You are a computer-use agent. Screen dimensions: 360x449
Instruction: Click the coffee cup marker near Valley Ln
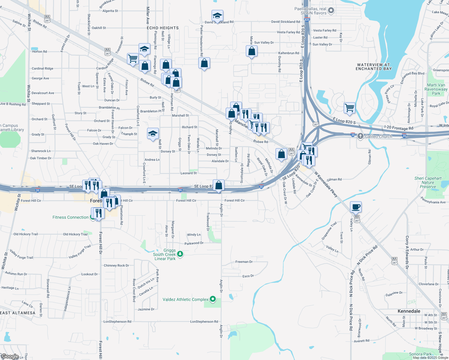pyautogui.click(x=356, y=207)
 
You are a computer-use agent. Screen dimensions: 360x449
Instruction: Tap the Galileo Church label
pyautogui.click(x=378, y=136)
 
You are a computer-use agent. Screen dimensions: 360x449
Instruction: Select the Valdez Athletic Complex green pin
pyautogui.click(x=213, y=299)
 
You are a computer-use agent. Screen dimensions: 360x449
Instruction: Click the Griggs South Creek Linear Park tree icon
pyautogui.click(x=180, y=254)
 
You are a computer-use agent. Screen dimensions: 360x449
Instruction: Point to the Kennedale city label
pyautogui.click(x=409, y=311)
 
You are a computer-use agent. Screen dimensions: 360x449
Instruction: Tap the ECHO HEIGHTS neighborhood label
pyautogui.click(x=163, y=28)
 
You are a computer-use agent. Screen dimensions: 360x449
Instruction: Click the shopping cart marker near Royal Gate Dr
pyautogui.click(x=349, y=108)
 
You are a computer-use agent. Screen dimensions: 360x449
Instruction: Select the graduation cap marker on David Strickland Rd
pyautogui.click(x=217, y=16)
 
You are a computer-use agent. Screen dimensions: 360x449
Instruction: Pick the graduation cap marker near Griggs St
pyautogui.click(x=153, y=133)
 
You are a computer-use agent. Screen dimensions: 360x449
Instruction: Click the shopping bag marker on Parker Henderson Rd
pyautogui.click(x=204, y=63)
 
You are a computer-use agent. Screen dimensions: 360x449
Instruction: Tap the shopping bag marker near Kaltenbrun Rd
pyautogui.click(x=252, y=52)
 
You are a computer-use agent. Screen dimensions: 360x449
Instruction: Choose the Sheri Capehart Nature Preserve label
pyautogui.click(x=428, y=182)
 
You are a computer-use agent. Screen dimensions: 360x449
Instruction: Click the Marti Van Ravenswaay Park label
pyautogui.click(x=436, y=89)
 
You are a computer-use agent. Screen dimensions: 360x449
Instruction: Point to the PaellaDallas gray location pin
pyautogui.click(x=331, y=11)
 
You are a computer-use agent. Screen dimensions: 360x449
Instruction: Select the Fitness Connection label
pyautogui.click(x=71, y=217)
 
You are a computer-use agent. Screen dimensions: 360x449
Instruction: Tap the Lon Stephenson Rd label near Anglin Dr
pyautogui.click(x=204, y=322)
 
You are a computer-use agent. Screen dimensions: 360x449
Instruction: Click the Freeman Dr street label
pyautogui.click(x=244, y=262)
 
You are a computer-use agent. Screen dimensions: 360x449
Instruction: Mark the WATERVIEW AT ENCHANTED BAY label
pyautogui.click(x=374, y=67)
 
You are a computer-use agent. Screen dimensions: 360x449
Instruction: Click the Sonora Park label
pyautogui.click(x=420, y=354)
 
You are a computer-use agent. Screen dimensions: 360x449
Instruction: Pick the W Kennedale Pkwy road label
pyautogui.click(x=326, y=184)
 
